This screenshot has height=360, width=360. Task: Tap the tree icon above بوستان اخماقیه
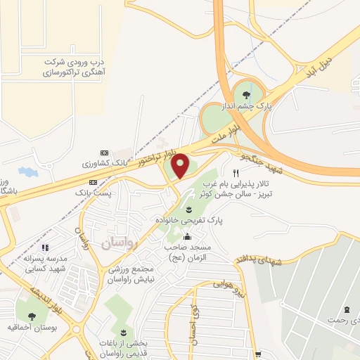pos(31,314)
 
